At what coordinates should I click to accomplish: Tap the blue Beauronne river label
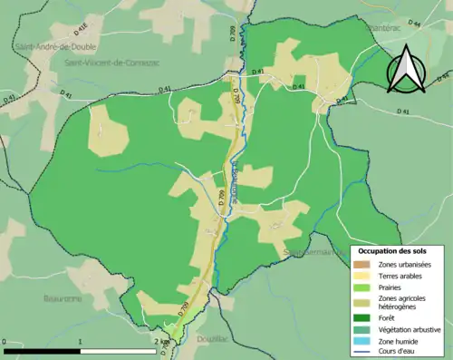[237, 177]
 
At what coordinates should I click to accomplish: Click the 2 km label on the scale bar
[163, 342]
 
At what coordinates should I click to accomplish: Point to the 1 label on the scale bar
[82, 342]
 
